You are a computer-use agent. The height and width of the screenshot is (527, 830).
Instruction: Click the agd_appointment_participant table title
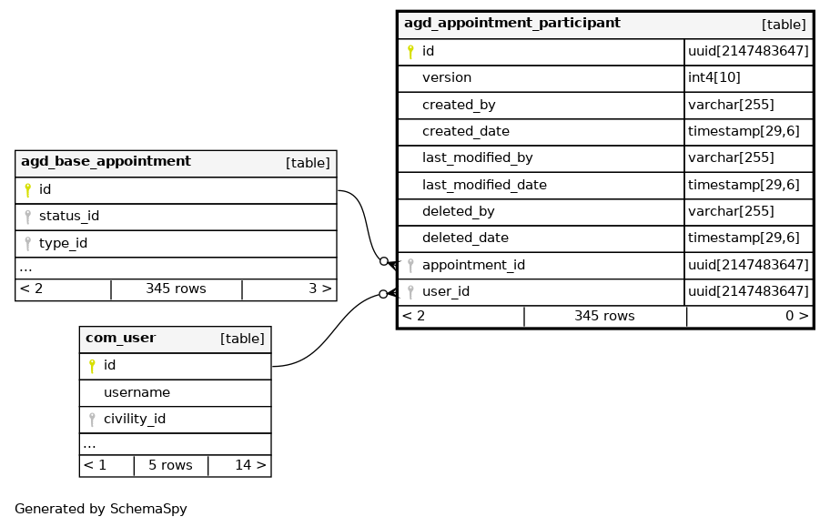[x=511, y=24]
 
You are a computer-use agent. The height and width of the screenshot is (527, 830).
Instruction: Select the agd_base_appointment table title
[x=106, y=162]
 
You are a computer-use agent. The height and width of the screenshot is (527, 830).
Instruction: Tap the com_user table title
[x=120, y=339]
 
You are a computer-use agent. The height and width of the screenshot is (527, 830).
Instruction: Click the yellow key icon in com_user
[x=92, y=366]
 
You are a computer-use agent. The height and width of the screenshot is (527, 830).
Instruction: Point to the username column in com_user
[x=137, y=392]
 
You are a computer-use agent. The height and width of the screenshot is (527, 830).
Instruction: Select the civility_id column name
[x=134, y=420]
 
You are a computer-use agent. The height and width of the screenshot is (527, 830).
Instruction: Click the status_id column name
[x=69, y=217]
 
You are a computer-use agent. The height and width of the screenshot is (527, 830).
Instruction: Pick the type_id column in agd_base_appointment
[x=63, y=244]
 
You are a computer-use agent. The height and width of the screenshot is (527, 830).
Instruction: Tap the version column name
[x=446, y=78]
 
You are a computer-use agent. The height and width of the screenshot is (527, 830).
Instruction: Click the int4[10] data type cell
[x=714, y=78]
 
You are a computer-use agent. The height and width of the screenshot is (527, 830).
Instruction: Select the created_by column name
[x=459, y=106]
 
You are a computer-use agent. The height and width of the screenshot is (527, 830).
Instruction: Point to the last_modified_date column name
[x=484, y=185]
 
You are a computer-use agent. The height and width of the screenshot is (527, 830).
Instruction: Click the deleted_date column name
[x=465, y=238]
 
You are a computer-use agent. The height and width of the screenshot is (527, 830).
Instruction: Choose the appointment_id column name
[x=473, y=266]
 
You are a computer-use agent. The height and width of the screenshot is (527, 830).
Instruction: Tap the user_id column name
[x=446, y=292]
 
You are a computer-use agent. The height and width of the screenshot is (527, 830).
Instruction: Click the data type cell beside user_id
[x=748, y=292]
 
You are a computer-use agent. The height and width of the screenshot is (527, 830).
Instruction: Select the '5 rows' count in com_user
[x=170, y=466]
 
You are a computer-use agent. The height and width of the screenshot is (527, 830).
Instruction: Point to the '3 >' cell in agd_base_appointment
[x=319, y=289]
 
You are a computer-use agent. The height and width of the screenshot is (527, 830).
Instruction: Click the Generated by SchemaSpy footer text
[x=101, y=510]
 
